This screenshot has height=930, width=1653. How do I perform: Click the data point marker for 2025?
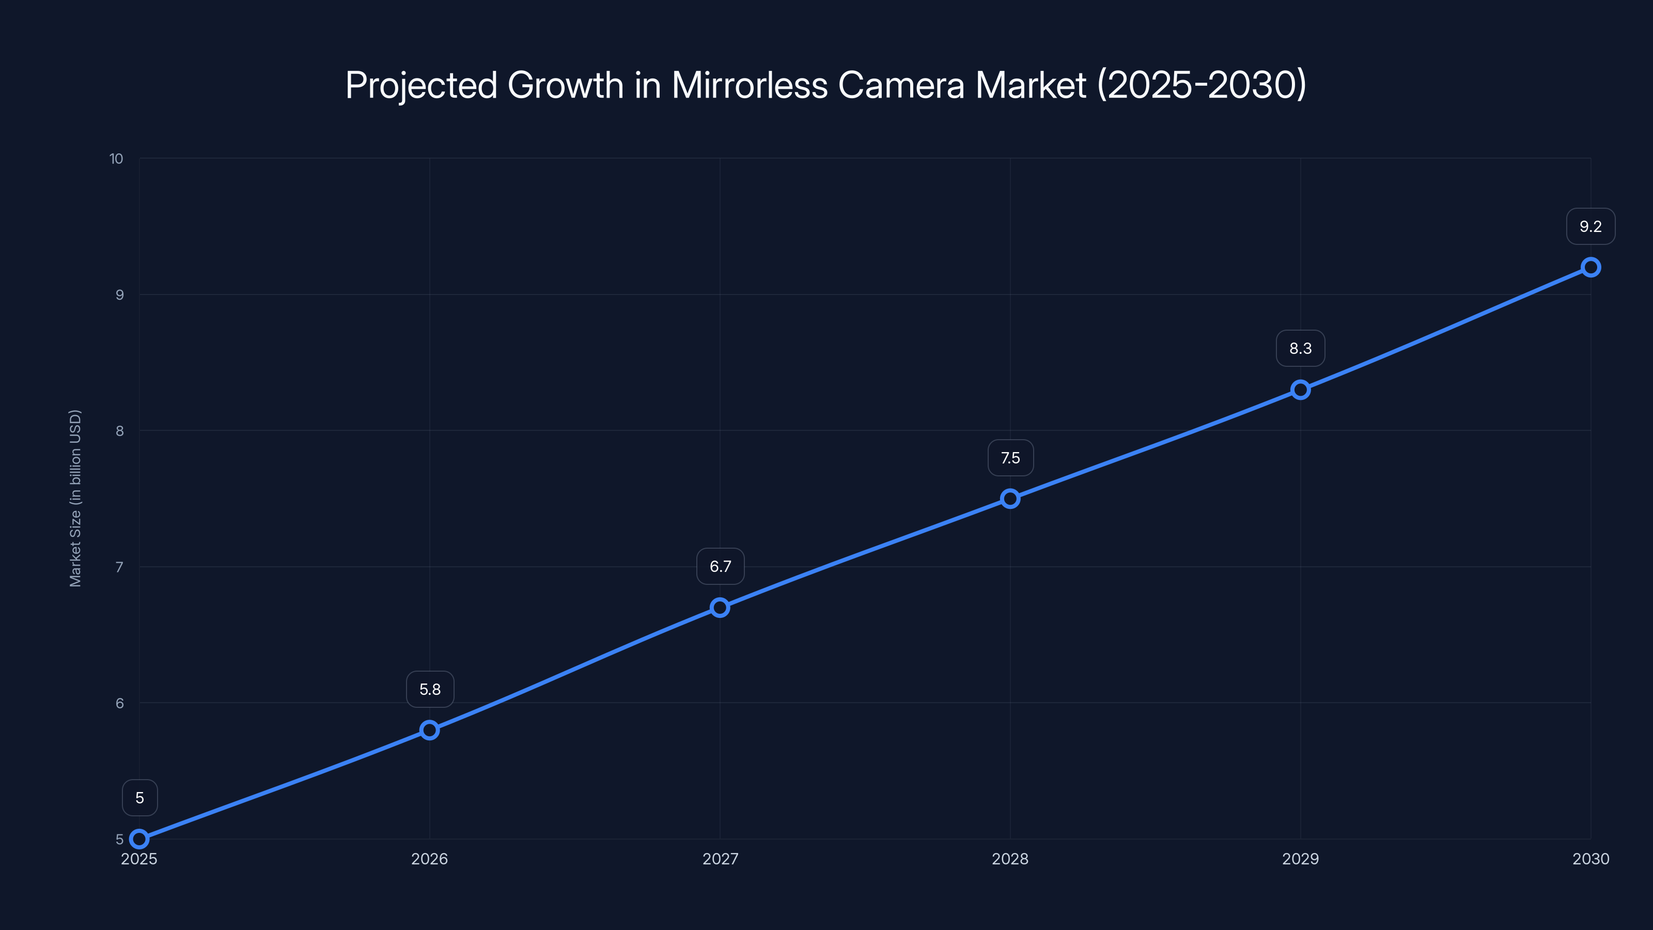[139, 839]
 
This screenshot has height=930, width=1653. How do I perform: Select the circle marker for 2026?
[429, 730]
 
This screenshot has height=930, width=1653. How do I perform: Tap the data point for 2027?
[720, 607]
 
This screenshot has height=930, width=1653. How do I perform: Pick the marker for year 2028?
[1010, 498]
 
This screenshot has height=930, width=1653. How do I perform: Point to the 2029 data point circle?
[1301, 390]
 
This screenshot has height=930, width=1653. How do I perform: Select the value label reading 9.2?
[1590, 227]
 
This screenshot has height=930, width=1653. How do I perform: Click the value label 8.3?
[1300, 349]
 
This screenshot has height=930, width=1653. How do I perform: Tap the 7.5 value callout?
[1010, 458]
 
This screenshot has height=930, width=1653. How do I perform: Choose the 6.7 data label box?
[720, 566]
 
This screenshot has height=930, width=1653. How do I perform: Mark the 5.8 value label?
[430, 689]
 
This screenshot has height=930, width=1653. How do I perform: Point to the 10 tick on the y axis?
[116, 159]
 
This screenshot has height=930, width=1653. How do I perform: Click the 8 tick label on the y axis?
[119, 431]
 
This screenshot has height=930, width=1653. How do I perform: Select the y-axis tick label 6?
[119, 703]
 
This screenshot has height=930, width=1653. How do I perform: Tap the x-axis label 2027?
[720, 859]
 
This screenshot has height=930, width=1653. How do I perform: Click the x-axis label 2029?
[1300, 859]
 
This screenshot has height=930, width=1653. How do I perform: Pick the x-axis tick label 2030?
[1590, 859]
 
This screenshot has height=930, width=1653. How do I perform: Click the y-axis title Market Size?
[75, 498]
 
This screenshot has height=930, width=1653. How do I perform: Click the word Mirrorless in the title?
[749, 85]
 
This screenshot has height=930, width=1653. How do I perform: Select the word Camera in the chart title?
[901, 85]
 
